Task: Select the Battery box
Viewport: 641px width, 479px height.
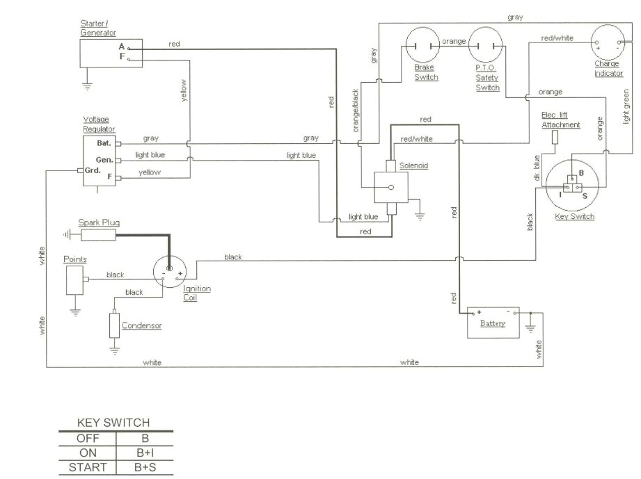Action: [493, 323]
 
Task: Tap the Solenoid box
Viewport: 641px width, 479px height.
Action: [391, 187]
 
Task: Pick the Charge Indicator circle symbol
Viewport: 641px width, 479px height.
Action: [608, 44]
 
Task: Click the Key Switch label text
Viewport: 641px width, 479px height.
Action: [574, 217]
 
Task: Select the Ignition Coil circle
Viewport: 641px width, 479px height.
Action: [170, 270]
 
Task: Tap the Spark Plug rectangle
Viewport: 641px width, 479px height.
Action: [98, 235]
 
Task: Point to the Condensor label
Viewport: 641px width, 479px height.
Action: [141, 325]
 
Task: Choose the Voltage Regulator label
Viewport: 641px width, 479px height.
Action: [99, 124]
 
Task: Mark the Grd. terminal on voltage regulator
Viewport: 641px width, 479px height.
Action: [93, 170]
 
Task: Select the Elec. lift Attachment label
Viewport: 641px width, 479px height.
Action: [560, 120]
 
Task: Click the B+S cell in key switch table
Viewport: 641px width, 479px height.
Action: [145, 467]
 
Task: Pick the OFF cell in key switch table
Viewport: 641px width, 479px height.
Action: [88, 439]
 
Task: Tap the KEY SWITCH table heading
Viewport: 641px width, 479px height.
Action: [113, 423]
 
